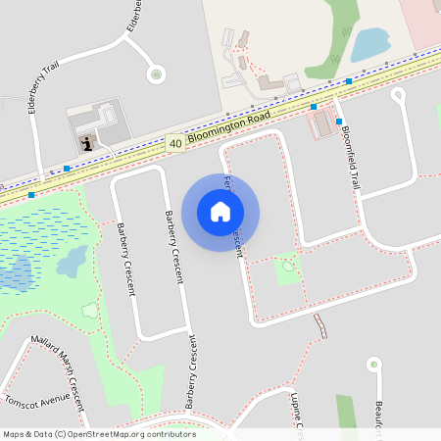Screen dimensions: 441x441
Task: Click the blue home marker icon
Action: (x=220, y=211)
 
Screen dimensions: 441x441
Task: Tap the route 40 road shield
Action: (x=174, y=143)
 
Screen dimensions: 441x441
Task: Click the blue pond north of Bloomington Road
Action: (x=368, y=44)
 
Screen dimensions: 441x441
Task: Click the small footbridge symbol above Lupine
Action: (x=320, y=324)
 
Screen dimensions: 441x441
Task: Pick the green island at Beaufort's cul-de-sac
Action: (x=373, y=365)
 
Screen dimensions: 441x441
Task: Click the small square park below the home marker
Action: (x=287, y=268)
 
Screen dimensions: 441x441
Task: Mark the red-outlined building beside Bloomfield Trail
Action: (x=320, y=124)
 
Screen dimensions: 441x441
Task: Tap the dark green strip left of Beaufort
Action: (x=346, y=417)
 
